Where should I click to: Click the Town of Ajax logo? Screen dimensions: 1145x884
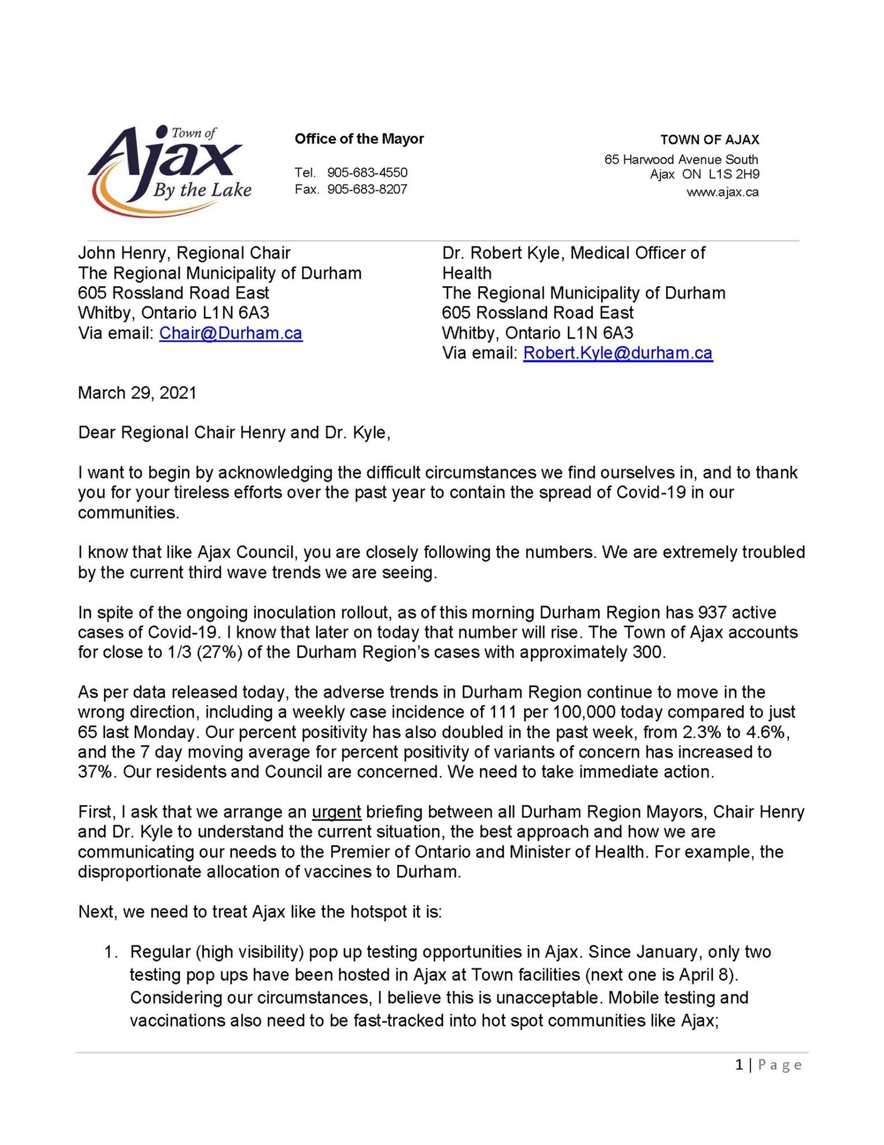[x=169, y=170]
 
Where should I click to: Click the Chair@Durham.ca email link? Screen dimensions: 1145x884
[x=231, y=333]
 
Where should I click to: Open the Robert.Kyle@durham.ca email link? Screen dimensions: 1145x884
[x=617, y=353]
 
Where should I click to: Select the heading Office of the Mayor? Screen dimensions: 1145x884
[x=359, y=139]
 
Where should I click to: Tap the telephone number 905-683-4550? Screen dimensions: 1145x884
[x=367, y=172]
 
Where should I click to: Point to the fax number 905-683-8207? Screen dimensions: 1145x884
[x=367, y=189]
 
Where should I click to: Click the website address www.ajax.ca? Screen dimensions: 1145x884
[x=722, y=192]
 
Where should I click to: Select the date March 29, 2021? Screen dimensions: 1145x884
[x=137, y=393]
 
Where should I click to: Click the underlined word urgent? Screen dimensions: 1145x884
[x=336, y=812]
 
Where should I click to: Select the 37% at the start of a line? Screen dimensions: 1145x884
[x=95, y=772]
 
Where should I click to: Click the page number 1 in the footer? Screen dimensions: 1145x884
[x=739, y=1065]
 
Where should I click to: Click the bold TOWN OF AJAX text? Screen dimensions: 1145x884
[x=709, y=139]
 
